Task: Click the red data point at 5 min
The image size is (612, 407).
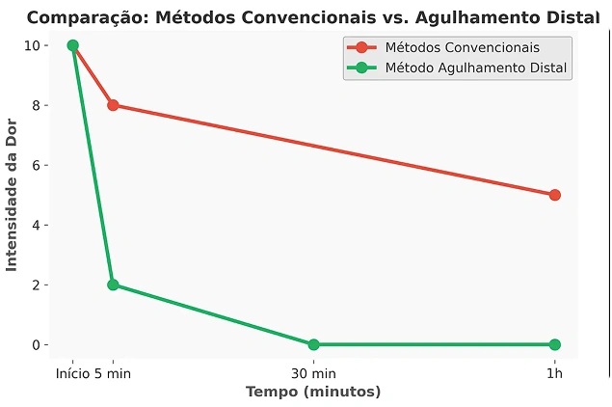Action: click(x=113, y=105)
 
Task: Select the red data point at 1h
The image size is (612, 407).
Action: click(x=554, y=195)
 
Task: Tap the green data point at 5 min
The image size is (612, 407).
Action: click(x=113, y=285)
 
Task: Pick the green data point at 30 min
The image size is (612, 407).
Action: click(x=313, y=344)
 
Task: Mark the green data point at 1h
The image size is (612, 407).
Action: click(x=554, y=344)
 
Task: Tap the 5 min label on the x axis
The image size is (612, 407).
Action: click(x=115, y=373)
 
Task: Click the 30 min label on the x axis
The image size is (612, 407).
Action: click(x=313, y=373)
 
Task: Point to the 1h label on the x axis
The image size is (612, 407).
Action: click(x=554, y=373)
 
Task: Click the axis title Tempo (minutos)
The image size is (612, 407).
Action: click(x=313, y=392)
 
